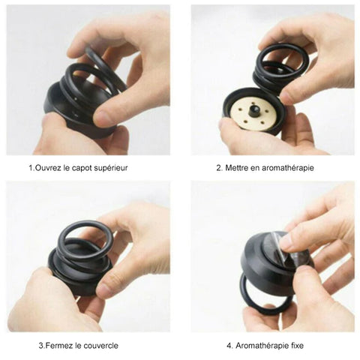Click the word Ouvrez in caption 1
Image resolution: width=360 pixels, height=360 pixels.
pyautogui.click(x=48, y=168)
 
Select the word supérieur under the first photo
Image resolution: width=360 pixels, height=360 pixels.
pyautogui.click(x=111, y=168)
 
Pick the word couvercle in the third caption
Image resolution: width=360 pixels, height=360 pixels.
pyautogui.click(x=100, y=346)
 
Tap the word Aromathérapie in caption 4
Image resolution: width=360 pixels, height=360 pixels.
pyautogui.click(x=262, y=346)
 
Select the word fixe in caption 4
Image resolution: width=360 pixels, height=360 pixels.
pyautogui.click(x=298, y=346)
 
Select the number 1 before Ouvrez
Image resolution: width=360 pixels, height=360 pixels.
pyautogui.click(x=31, y=168)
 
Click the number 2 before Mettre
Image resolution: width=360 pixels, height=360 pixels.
pyautogui.click(x=219, y=168)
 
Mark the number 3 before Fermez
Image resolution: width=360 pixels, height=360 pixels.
pyautogui.click(x=41, y=346)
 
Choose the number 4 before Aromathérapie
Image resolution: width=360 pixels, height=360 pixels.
pyautogui.click(x=229, y=346)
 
